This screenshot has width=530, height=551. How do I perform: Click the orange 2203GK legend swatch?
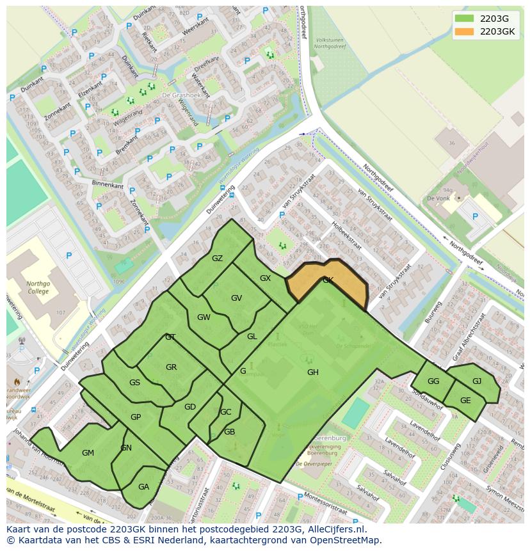[x=465, y=31]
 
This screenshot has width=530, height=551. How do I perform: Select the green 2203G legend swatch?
[x=465, y=19]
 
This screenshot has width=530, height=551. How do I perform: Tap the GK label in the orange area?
[x=328, y=280]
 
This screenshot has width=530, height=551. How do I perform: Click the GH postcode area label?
[x=312, y=372]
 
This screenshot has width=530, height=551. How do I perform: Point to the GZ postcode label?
[x=217, y=259]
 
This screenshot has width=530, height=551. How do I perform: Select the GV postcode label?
[x=236, y=298]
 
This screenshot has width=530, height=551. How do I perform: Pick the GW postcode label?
[x=204, y=317]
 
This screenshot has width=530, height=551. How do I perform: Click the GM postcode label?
[x=88, y=453]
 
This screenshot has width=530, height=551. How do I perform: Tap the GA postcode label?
[x=143, y=486]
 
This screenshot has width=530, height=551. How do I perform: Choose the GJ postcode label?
[x=477, y=381]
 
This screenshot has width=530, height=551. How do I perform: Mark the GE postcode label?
[x=465, y=401]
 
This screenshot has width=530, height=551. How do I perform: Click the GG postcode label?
[x=433, y=381]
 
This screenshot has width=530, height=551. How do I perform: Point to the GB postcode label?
[x=229, y=432]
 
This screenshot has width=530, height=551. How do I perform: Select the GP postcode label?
[x=136, y=417]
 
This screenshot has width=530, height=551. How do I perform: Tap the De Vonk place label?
[x=439, y=199]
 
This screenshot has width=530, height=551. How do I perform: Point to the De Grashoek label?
[x=177, y=95]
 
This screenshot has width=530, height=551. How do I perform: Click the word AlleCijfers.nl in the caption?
[x=335, y=529]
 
